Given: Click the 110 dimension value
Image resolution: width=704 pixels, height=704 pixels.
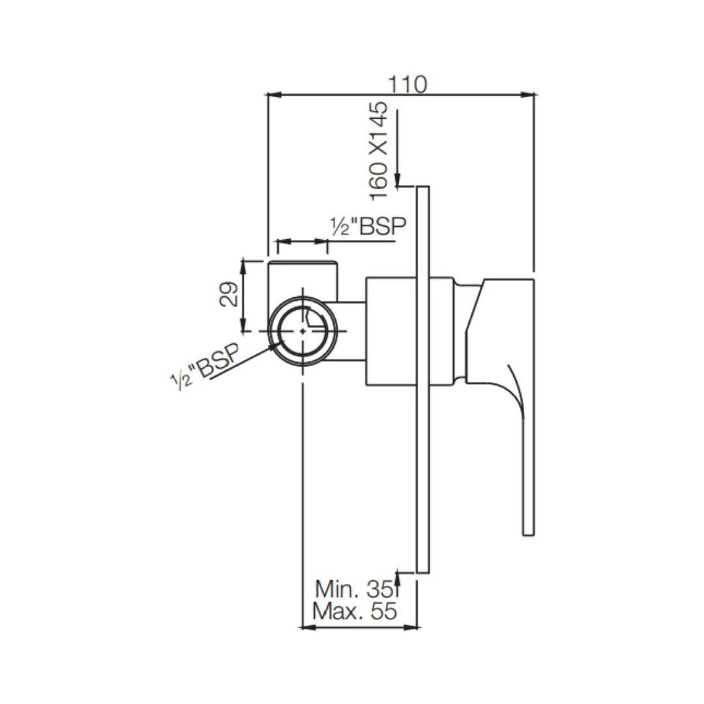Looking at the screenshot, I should pos(408,84).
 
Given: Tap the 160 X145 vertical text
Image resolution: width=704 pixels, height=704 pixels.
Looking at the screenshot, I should pos(379,151).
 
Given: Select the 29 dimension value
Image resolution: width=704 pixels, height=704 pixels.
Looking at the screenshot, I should pos(227,295).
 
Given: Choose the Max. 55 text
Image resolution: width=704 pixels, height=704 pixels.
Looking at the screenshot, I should pos(355,611).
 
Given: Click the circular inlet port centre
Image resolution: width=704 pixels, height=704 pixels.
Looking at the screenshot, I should pos(304,330).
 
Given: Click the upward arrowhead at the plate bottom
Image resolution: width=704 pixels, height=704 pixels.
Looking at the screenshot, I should pos(398,579).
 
